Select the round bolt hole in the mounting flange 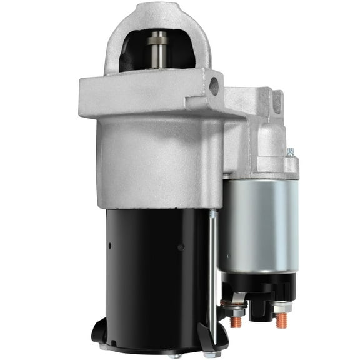click(x=214, y=84)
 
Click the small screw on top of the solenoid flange click(x=290, y=152)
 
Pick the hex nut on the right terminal click(x=281, y=308)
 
